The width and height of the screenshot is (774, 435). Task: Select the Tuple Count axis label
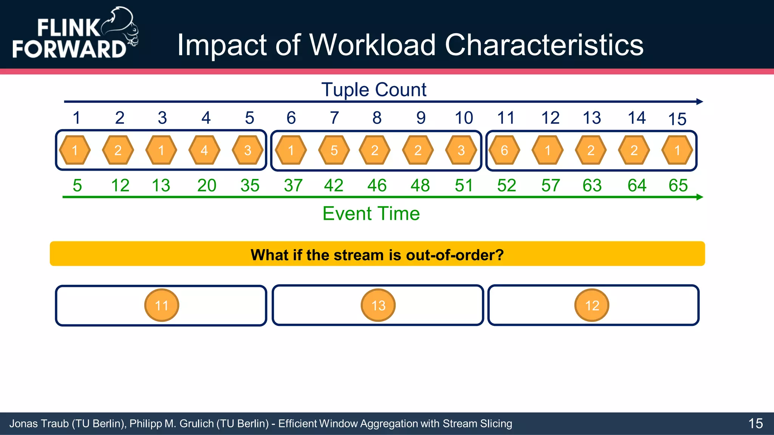(373, 90)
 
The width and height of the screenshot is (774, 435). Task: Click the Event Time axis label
(371, 214)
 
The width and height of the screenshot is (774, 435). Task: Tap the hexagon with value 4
(204, 150)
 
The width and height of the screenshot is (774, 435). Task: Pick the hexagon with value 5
(334, 150)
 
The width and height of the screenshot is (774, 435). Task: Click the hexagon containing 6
(504, 150)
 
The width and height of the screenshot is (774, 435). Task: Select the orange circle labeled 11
(161, 305)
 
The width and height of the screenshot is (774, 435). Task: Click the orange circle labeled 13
(378, 305)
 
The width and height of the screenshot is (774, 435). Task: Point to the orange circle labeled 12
(592, 305)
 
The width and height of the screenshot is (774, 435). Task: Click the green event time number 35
(250, 185)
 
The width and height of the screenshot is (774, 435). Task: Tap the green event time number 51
(464, 185)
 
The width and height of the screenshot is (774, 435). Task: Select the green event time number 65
(678, 185)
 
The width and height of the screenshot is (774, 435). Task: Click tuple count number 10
(464, 118)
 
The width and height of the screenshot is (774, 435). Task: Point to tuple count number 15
(677, 119)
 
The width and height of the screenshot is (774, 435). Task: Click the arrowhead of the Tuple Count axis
(700, 102)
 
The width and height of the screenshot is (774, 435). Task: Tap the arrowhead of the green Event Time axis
(700, 197)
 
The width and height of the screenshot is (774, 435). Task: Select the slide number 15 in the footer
(755, 423)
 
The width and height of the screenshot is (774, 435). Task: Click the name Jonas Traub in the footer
(39, 424)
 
